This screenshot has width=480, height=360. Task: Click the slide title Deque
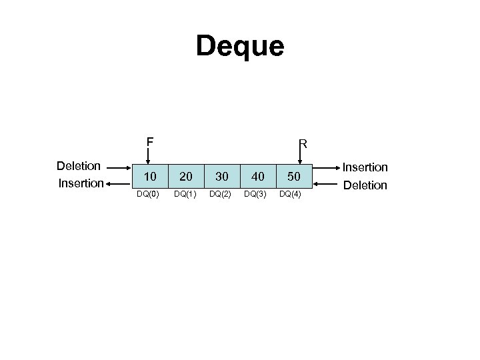[240, 46]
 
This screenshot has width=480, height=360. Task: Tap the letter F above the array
[151, 141]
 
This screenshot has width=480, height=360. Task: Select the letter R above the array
[303, 143]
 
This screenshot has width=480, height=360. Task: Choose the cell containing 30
[222, 177]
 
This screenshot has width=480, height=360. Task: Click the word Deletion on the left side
[79, 165]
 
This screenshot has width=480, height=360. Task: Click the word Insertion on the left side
[81, 183]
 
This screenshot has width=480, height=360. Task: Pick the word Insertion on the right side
[365, 168]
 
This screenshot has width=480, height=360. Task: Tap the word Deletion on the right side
[365, 185]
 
